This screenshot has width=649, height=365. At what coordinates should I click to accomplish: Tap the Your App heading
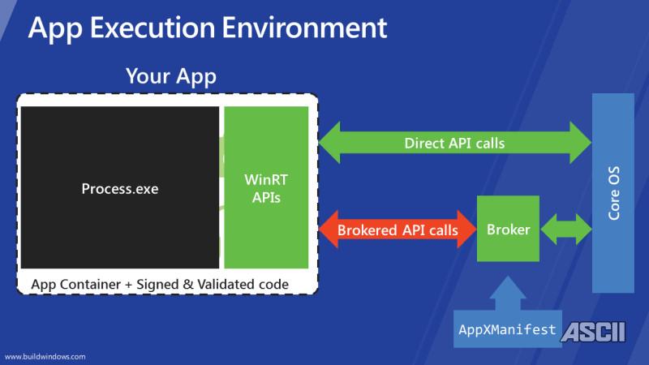[x=171, y=79]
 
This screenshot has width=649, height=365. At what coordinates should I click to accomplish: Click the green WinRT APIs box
[x=267, y=187]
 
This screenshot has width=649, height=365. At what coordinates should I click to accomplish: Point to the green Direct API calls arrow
[x=454, y=144]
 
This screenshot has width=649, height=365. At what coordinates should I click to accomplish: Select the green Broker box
[x=508, y=229]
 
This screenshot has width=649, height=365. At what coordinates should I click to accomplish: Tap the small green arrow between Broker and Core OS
[x=566, y=229]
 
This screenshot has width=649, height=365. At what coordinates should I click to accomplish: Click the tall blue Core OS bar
[x=612, y=195]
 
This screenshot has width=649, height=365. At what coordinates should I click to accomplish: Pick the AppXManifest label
[x=508, y=329]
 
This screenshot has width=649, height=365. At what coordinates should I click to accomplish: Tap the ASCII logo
[x=600, y=330]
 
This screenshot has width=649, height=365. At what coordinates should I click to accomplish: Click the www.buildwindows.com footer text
[x=45, y=355]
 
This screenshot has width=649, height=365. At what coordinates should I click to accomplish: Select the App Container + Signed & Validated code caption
[x=159, y=284]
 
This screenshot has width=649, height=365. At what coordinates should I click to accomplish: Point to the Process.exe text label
[x=120, y=189]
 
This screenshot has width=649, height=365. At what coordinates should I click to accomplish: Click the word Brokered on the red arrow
[x=367, y=230]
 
